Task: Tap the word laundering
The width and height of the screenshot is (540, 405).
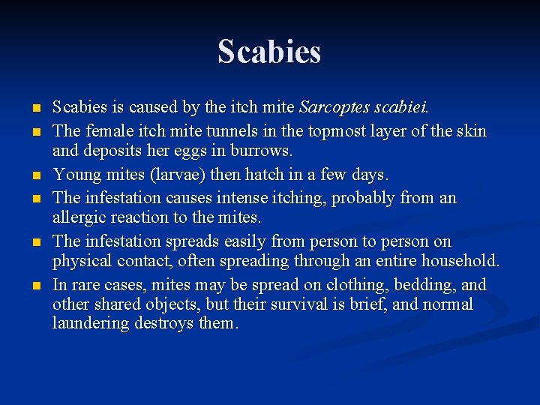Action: click(x=88, y=323)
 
